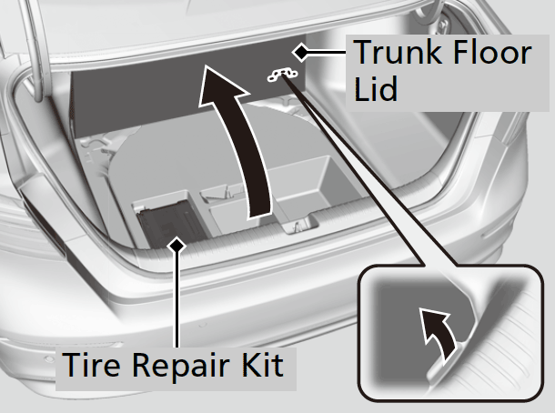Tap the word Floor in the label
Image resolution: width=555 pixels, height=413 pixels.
pyautogui.click(x=490, y=53)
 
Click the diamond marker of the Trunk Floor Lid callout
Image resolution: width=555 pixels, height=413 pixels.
pyautogui.click(x=299, y=53)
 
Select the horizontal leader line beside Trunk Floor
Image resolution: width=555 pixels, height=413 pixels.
pyautogui.click(x=326, y=53)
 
